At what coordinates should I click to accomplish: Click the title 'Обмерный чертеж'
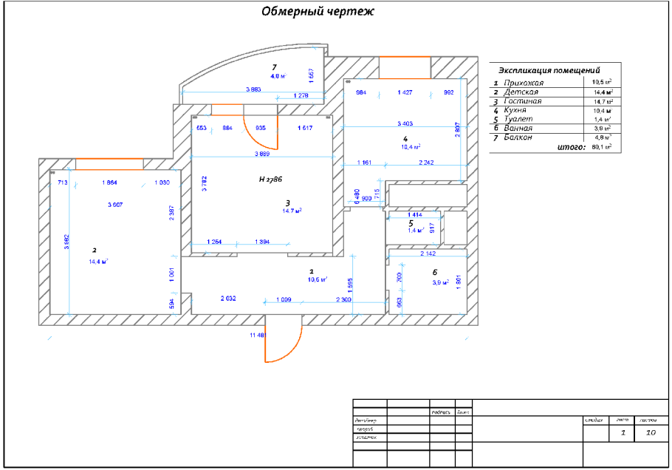click(x=318, y=11)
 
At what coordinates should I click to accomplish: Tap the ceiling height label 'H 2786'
click(x=271, y=180)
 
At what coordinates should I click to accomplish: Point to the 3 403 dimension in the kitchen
click(x=405, y=123)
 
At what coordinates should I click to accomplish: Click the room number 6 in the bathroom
click(x=434, y=272)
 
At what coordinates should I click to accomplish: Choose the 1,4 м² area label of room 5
click(x=415, y=231)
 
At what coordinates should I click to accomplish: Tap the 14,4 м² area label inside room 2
click(x=99, y=261)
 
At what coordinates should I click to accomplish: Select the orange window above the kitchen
click(x=404, y=57)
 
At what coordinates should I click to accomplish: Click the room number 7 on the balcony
click(x=274, y=67)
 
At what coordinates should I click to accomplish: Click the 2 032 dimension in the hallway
click(x=228, y=299)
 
